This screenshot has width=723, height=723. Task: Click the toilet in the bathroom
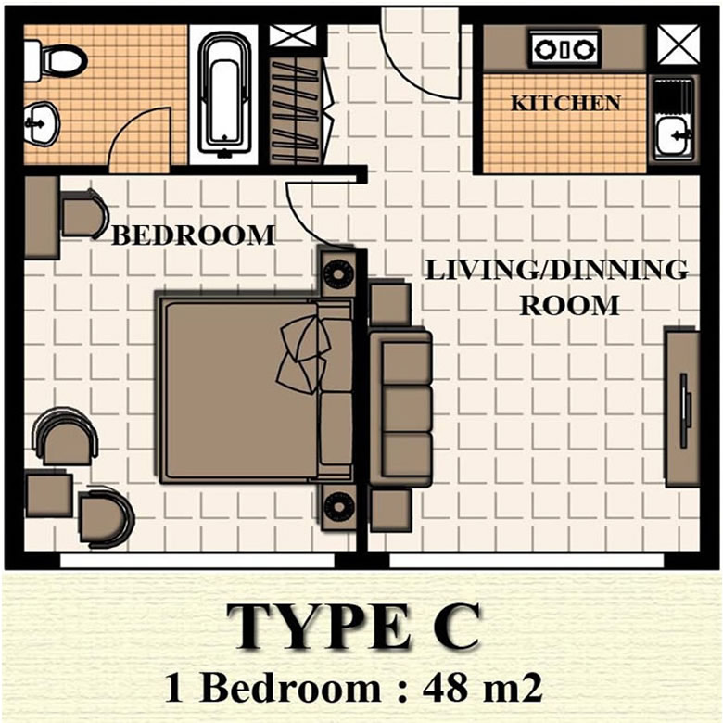[55, 61]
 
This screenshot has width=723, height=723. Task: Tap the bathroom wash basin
[42, 123]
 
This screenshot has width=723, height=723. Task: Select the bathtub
[224, 95]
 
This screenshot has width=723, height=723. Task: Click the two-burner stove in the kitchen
[564, 48]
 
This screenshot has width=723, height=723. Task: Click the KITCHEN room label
[565, 103]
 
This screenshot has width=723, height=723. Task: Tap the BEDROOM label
[193, 235]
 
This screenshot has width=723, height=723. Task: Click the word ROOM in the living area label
[569, 305]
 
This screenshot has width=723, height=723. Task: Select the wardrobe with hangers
[295, 110]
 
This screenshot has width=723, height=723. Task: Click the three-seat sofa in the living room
[400, 408]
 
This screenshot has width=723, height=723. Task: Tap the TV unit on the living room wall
[682, 407]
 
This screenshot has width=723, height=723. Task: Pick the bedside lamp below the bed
[339, 507]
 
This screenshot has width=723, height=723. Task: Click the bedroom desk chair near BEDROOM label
[84, 215]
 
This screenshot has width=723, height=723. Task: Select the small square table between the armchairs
[49, 494]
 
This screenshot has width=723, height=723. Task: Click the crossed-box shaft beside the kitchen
[679, 44]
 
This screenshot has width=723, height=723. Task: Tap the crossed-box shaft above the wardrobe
[293, 36]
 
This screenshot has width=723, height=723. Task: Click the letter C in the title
[450, 628]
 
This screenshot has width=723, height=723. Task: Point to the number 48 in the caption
[446, 689]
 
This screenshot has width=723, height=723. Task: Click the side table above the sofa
[390, 304]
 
